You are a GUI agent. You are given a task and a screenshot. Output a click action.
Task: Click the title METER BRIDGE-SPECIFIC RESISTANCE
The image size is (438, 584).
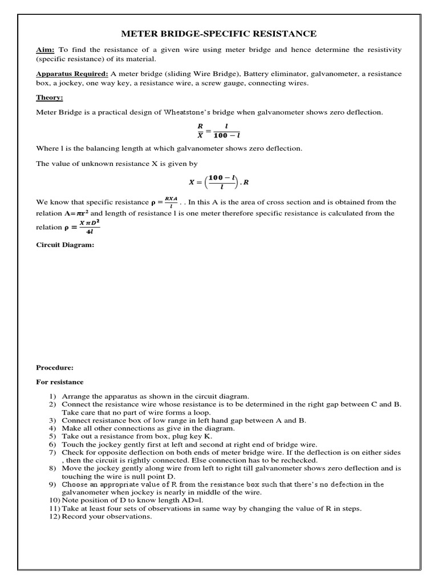[x=219, y=34]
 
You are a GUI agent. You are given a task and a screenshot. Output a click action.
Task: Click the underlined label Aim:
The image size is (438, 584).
[x=45, y=50]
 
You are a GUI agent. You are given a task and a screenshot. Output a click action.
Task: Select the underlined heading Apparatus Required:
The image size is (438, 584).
[x=72, y=74]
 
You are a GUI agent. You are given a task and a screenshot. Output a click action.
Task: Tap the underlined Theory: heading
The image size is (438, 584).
[x=50, y=98]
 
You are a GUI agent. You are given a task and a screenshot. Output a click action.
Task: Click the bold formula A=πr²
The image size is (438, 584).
[x=77, y=213]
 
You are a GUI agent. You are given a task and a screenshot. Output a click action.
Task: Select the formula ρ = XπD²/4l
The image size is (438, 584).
[x=81, y=227]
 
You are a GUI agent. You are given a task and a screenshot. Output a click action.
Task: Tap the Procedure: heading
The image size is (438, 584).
[x=55, y=368]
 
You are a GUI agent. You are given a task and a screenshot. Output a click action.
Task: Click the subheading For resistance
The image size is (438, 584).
[x=59, y=382]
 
